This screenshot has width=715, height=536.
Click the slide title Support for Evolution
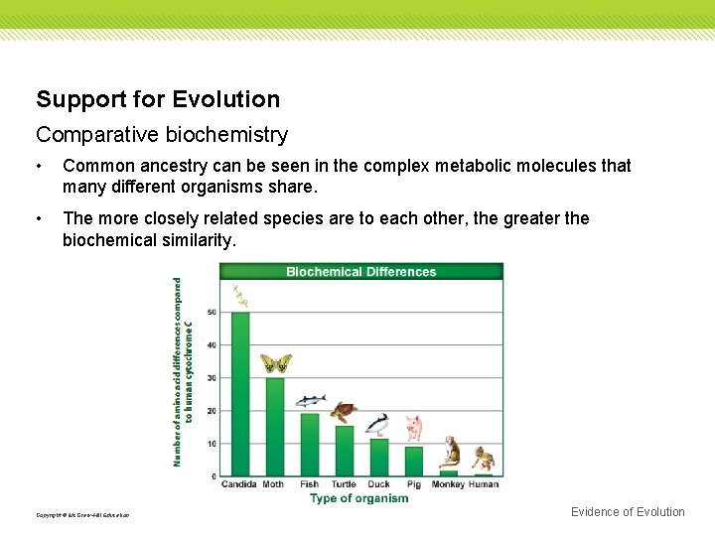click(x=158, y=99)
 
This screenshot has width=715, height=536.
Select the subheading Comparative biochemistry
click(x=162, y=134)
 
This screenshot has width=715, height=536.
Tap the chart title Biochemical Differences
click(x=360, y=272)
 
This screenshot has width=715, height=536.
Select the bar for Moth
click(x=274, y=427)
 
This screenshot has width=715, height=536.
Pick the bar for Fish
click(x=310, y=445)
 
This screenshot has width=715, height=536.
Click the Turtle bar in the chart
click(x=344, y=451)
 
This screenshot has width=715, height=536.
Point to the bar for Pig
click(x=413, y=462)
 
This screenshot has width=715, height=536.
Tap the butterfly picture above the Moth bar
click(x=275, y=363)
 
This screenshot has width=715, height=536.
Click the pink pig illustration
click(x=413, y=428)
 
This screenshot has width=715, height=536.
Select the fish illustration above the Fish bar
click(x=310, y=401)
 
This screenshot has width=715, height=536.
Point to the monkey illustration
click(x=450, y=452)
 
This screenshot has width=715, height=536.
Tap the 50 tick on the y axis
click(x=212, y=313)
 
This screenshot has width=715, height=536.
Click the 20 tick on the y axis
click(x=212, y=411)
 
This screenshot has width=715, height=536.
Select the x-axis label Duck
click(x=378, y=484)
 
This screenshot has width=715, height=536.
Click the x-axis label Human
click(x=484, y=484)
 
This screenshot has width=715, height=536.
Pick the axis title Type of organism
click(x=358, y=498)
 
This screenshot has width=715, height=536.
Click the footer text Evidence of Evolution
click(x=628, y=512)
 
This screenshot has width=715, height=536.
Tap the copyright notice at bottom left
click(x=82, y=515)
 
